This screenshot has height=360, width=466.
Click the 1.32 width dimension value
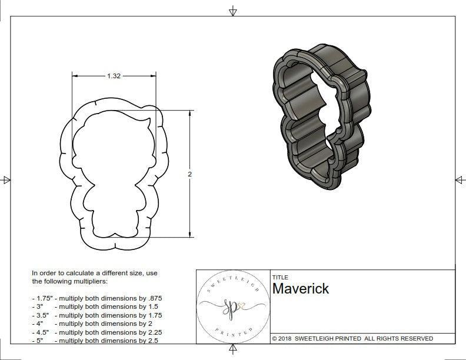pos(114,76)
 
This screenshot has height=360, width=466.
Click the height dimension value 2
pos(189,174)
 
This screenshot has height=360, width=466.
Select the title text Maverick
pos(301,289)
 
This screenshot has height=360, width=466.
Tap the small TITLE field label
pos(279,277)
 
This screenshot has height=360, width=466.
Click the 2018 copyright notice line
pos(352,338)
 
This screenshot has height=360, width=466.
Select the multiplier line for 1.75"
pos(96,298)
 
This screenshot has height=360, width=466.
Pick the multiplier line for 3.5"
pos(96,315)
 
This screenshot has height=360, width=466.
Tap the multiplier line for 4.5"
pos(96,332)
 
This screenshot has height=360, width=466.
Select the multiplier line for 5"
pos(94,340)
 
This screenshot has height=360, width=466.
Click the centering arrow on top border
pos(233,11)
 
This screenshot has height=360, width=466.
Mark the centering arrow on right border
pos(460,180)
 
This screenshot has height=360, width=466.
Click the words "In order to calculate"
pos(65,273)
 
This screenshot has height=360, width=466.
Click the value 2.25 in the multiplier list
pos(151,332)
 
